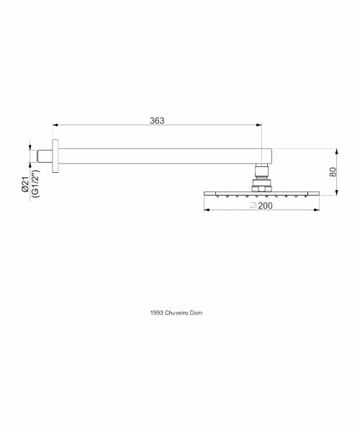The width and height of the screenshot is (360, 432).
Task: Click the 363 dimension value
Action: [157, 121]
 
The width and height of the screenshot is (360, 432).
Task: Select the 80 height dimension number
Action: [333, 172]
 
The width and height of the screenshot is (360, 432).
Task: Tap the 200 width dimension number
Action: [265, 205]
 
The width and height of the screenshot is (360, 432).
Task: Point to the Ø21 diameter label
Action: [25, 184]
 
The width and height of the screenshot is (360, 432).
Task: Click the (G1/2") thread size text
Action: [35, 184]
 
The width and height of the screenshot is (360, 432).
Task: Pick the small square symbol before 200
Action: [253, 205]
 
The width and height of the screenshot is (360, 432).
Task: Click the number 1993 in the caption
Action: [157, 312]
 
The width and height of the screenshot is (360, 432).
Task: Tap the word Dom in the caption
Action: [198, 312]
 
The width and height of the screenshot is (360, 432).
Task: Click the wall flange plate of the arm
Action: [55, 156]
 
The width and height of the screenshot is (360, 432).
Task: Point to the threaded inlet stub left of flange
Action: [45, 156]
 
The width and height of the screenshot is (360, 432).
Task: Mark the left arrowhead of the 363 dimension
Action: [55, 125]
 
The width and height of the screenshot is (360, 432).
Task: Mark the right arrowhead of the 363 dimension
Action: [259, 125]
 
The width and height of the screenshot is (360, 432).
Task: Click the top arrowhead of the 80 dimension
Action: [336, 151]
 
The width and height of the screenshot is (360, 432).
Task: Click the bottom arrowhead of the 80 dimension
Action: [336, 192]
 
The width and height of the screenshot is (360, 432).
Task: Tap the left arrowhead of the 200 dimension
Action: [207, 210]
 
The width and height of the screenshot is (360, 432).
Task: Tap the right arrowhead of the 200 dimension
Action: [317, 210]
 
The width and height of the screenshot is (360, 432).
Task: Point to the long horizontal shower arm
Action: [166, 156]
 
